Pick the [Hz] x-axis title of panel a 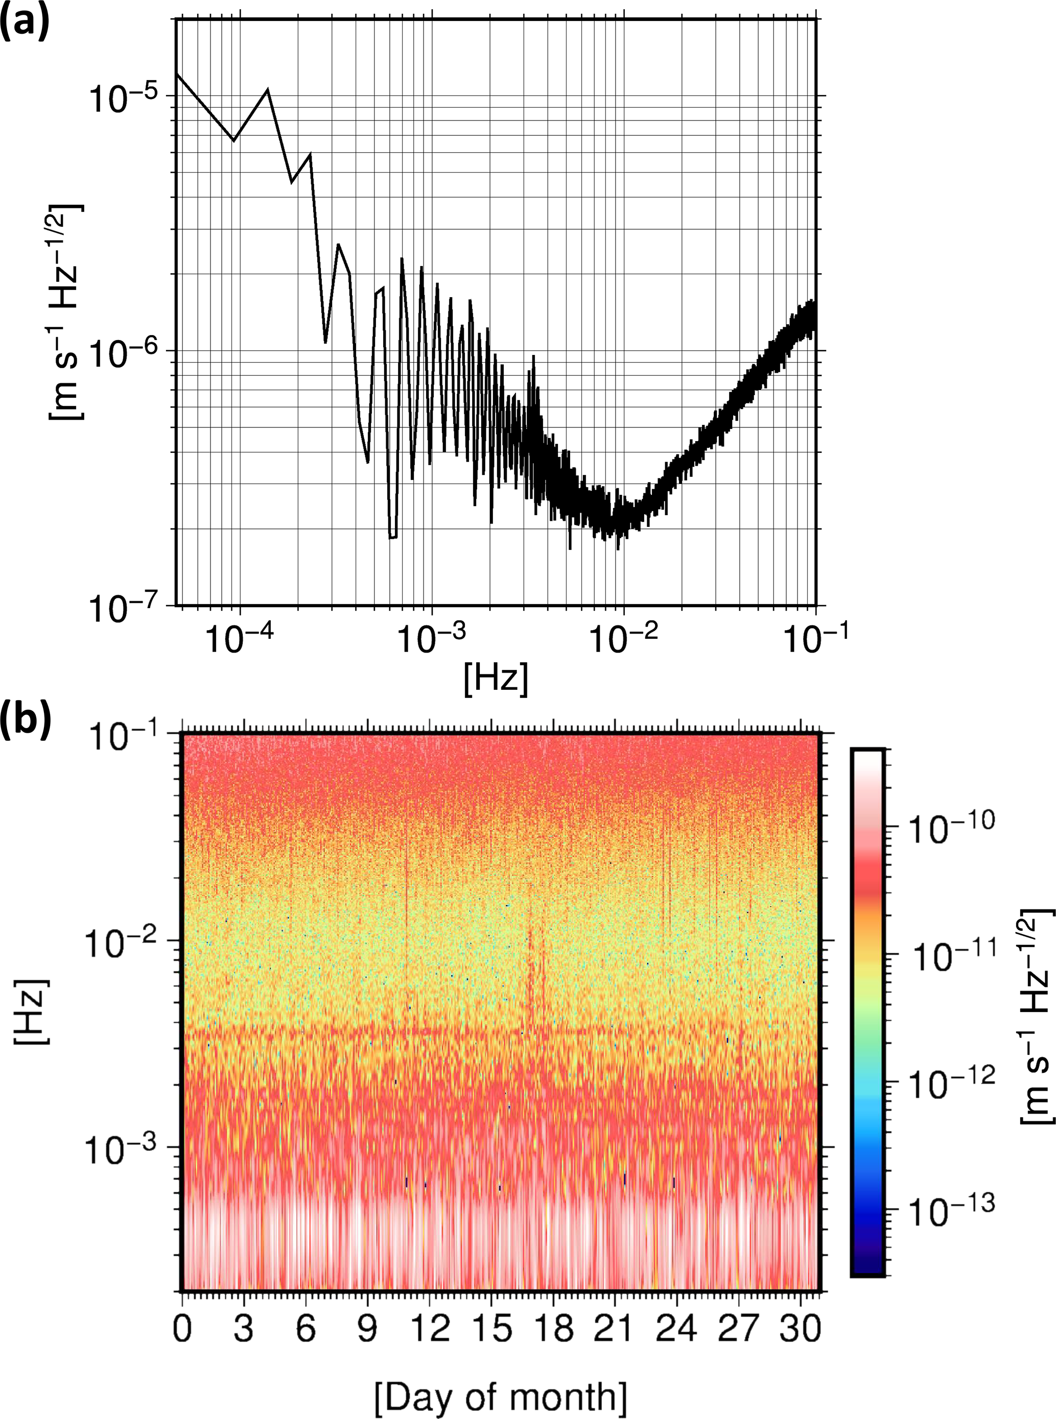(496, 679)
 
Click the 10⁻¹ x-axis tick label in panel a (814, 639)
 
